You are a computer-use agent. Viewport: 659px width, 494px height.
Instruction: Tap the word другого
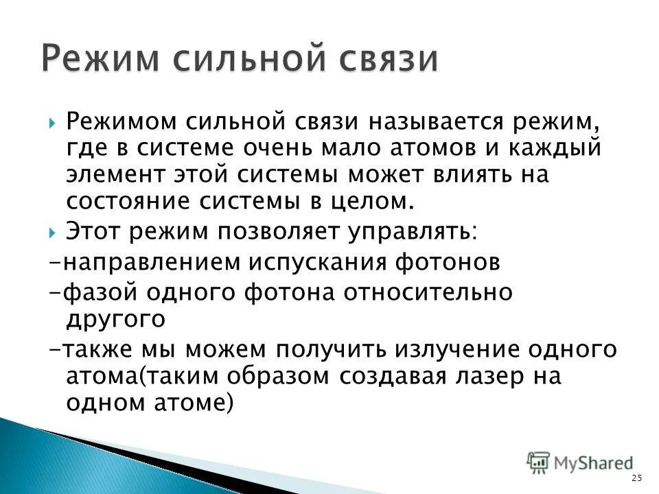tap(115, 318)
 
